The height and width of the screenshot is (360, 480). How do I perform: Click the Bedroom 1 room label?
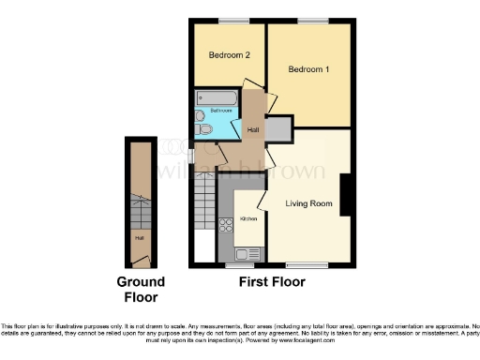308,70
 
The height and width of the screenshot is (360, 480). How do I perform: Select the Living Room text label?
308,202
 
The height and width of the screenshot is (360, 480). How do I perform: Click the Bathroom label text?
220,111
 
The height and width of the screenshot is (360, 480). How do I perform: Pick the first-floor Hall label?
253,129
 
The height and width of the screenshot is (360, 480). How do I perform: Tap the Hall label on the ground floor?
139,237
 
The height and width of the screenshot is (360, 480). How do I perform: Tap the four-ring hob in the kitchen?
225,225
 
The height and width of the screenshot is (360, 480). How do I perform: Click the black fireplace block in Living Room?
348,195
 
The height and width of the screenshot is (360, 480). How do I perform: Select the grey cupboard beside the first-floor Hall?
278,128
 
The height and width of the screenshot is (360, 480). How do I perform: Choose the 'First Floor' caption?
272,281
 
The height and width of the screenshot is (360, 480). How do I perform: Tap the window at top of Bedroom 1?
310,21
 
